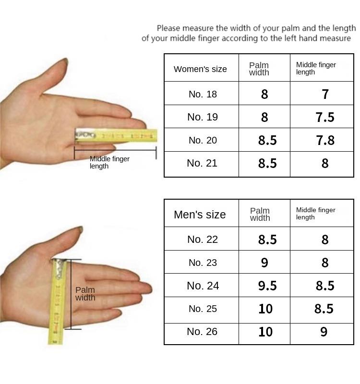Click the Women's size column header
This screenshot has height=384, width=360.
tap(200, 69)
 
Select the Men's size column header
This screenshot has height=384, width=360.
tap(200, 215)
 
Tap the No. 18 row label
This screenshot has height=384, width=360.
tap(203, 94)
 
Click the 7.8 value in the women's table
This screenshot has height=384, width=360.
tap(325, 140)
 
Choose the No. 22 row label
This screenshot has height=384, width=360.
tap(203, 239)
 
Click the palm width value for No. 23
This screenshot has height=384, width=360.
tap(264, 263)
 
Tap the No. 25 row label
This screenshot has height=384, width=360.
tap(203, 309)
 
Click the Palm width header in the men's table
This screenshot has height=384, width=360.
tap(260, 214)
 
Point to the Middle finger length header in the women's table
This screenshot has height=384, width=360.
tap(316, 68)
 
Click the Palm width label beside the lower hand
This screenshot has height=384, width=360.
tap(85, 294)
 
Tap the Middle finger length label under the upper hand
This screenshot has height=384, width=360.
tap(109, 162)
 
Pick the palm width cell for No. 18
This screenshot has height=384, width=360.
tap(264, 94)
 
